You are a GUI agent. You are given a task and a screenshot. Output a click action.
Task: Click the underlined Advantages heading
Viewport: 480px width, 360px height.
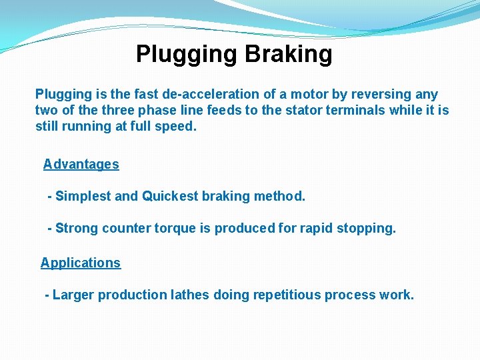81,164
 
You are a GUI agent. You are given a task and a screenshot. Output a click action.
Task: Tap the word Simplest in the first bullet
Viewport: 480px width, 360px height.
83,196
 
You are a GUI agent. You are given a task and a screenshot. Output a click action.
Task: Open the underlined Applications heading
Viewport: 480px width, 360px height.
81,263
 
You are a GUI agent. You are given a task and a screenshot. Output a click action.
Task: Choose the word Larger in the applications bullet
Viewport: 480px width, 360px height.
73,295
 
